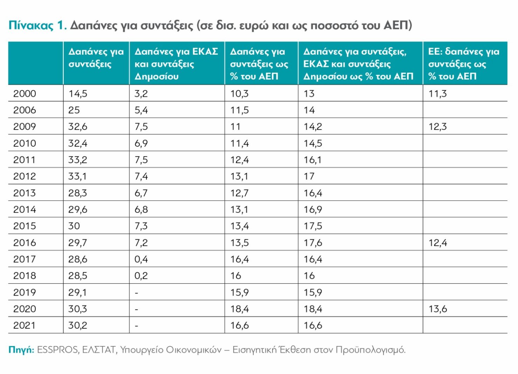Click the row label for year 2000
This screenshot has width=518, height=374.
[25, 94]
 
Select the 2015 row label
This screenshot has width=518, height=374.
[25, 226]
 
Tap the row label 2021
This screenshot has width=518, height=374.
[25, 326]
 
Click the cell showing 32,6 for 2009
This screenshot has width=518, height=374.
[78, 127]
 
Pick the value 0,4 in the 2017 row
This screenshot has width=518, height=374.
[141, 259]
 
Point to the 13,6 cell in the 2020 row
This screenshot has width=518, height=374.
[438, 309]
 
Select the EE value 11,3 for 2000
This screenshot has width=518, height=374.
[438, 94]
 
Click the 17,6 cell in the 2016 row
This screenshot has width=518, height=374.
[313, 243]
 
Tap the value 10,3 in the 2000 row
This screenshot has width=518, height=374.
[239, 94]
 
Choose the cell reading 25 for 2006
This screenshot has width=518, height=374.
[74, 110]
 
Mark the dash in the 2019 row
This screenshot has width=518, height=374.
[137, 293]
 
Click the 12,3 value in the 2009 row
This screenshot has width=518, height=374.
[438, 127]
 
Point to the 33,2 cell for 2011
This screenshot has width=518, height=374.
[78, 160]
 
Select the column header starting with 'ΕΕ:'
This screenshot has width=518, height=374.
[464, 64]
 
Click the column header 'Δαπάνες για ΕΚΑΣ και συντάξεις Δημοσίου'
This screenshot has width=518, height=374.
[176, 64]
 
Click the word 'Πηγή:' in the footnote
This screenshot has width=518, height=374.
[21, 350]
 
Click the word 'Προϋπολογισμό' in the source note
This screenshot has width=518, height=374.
[370, 350]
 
